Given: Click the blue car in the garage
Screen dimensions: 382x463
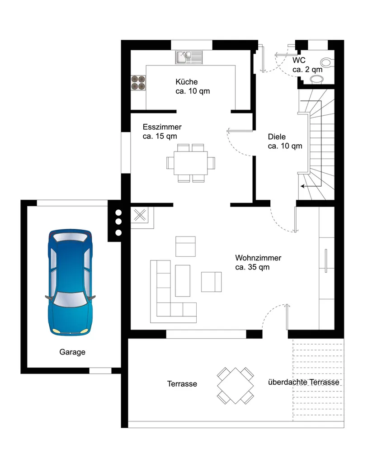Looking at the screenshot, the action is coord(70,283).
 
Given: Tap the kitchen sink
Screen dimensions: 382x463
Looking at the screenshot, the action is coord(189,57).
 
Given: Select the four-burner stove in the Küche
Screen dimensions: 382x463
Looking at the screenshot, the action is coord(138,83).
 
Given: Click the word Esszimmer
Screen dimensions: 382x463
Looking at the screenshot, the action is coord(162,127).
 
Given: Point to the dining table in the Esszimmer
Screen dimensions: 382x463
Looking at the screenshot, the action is coord(191,163).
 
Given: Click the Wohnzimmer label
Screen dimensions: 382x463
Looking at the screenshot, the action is coord(258,258).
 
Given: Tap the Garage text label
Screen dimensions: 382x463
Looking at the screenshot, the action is coord(72,352).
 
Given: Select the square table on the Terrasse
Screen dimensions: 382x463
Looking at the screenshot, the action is coord(235,386).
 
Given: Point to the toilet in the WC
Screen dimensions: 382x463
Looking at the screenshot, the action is coord(327,62).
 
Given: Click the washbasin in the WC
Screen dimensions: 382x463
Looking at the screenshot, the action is coord(317,79).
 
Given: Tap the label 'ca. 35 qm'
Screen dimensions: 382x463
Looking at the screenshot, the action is coord(252,267).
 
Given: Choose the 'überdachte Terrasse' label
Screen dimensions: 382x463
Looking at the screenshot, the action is coord(303,382).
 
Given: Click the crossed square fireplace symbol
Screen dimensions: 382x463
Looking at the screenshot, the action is coord(140,215).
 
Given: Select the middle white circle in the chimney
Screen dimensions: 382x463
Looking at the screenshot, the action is coord(118,222).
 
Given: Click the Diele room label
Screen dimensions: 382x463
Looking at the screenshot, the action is coord(277,137).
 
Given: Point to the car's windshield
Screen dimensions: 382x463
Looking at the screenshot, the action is coord(70,299).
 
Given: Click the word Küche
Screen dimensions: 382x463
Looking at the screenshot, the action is coord(187,82).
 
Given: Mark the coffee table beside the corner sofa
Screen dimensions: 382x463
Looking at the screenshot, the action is coord(183,280).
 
